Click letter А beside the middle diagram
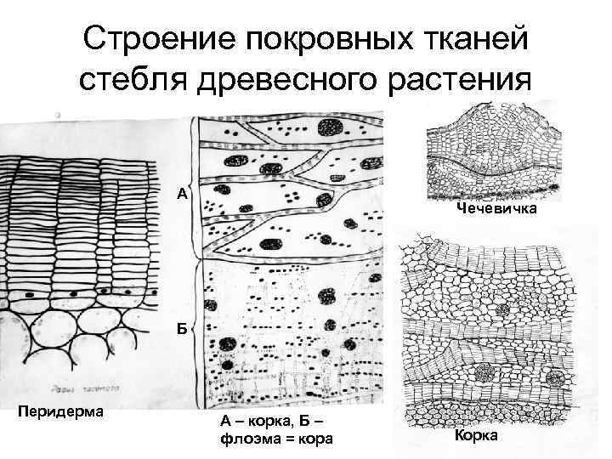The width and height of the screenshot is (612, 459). (182, 194)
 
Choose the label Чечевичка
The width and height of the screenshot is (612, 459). (496, 209)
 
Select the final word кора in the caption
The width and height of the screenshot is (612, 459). (317, 439)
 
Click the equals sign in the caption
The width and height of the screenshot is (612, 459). (288, 439)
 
